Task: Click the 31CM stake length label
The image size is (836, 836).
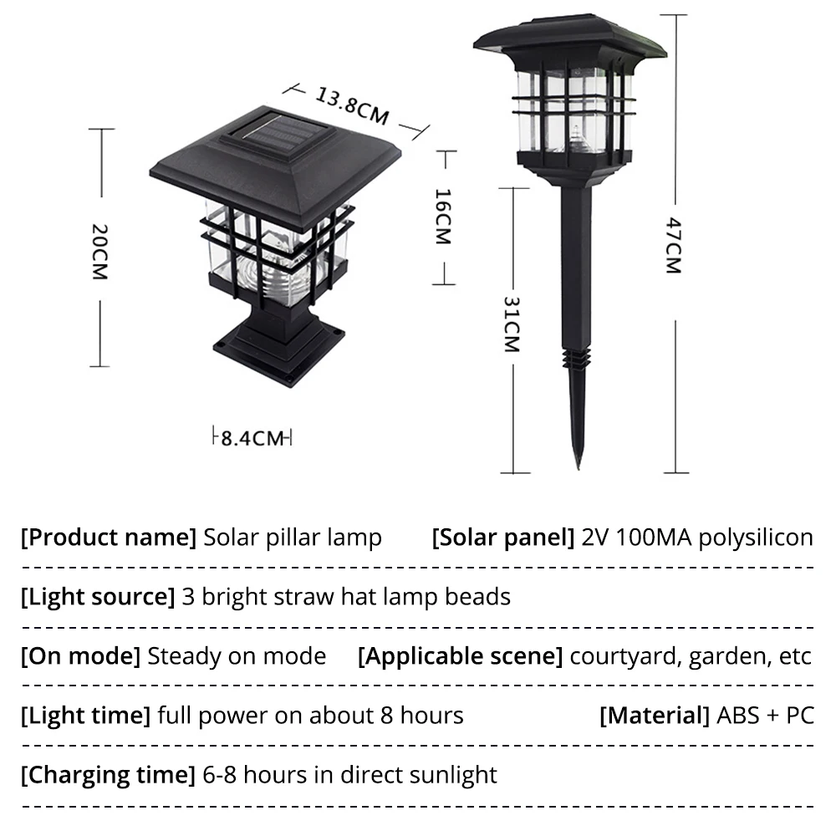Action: pyautogui.click(x=511, y=324)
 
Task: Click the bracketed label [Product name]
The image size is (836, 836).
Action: pyautogui.click(x=108, y=538)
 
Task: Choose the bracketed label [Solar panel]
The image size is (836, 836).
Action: pyautogui.click(x=502, y=538)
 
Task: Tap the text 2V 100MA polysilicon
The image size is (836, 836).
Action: pyautogui.click(x=697, y=538)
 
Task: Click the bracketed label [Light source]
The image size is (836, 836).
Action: pyautogui.click(x=97, y=597)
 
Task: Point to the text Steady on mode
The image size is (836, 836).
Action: pyautogui.click(x=237, y=656)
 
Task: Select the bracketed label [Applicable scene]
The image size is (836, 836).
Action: pyautogui.click(x=460, y=656)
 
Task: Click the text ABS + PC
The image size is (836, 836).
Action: pyautogui.click(x=765, y=716)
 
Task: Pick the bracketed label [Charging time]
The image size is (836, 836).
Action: pyautogui.click(x=108, y=775)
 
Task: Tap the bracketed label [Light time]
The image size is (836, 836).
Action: pyautogui.click(x=85, y=716)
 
